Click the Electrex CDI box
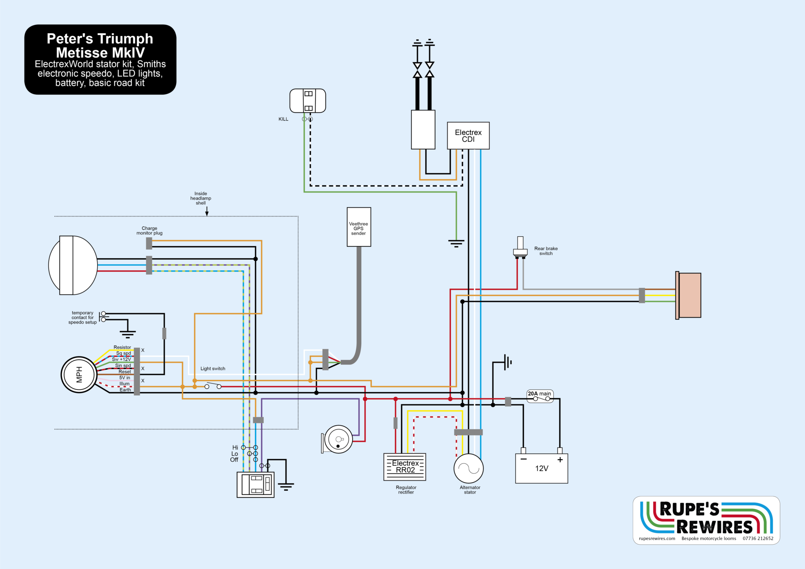pyautogui.click(x=468, y=136)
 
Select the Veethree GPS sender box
pyautogui.click(x=358, y=227)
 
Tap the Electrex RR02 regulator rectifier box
pyautogui.click(x=405, y=467)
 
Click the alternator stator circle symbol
pyautogui.click(x=469, y=468)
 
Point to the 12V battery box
pyautogui.click(x=541, y=468)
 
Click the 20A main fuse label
pyautogui.click(x=539, y=394)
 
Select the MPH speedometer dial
pyautogui.click(x=79, y=374)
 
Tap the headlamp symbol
pyautogui.click(x=73, y=265)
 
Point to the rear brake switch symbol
pyautogui.click(x=520, y=248)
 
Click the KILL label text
pyautogui.click(x=283, y=119)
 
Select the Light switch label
pyautogui.click(x=213, y=369)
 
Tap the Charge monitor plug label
pyautogui.click(x=149, y=231)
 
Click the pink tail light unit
pyautogui.click(x=689, y=295)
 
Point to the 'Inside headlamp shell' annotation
pyautogui.click(x=200, y=198)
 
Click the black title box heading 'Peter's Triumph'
pyautogui.click(x=100, y=39)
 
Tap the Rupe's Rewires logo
pyautogui.click(x=706, y=520)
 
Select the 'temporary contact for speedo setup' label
pyautogui.click(x=83, y=318)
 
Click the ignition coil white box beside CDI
pyautogui.click(x=423, y=130)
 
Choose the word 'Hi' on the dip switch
pyautogui.click(x=235, y=448)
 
